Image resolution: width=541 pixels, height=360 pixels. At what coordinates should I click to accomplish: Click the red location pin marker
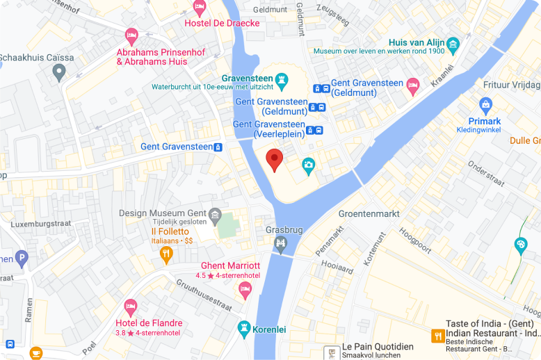(275, 159)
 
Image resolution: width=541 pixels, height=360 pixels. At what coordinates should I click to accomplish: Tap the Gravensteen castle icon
(282, 81)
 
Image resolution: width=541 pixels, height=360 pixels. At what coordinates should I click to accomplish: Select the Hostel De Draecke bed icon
(200, 9)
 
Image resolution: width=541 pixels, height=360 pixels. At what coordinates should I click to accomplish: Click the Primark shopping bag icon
(486, 106)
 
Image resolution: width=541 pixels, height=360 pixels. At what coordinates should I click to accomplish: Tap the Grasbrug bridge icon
(280, 243)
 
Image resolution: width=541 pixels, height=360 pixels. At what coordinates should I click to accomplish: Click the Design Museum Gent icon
(216, 214)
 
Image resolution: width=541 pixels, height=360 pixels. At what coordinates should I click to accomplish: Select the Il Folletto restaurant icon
(166, 256)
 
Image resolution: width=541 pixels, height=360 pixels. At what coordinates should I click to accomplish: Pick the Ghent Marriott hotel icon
(244, 289)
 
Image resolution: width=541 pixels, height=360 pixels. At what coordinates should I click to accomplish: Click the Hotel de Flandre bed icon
(130, 307)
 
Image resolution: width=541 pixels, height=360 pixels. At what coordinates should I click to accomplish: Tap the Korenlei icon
(244, 328)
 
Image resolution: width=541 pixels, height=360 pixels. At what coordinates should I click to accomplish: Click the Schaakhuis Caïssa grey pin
(59, 70)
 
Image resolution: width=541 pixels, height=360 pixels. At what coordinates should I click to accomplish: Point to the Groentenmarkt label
(369, 213)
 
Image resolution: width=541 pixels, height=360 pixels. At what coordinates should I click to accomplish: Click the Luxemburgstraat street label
(42, 224)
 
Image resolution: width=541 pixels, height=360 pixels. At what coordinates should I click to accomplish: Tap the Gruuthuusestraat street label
(204, 295)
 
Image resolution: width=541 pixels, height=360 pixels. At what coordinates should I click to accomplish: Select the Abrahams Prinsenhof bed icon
(131, 35)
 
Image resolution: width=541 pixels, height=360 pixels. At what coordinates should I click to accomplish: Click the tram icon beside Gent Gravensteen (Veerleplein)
(319, 130)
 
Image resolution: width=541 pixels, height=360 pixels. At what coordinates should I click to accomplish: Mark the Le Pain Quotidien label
(378, 347)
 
